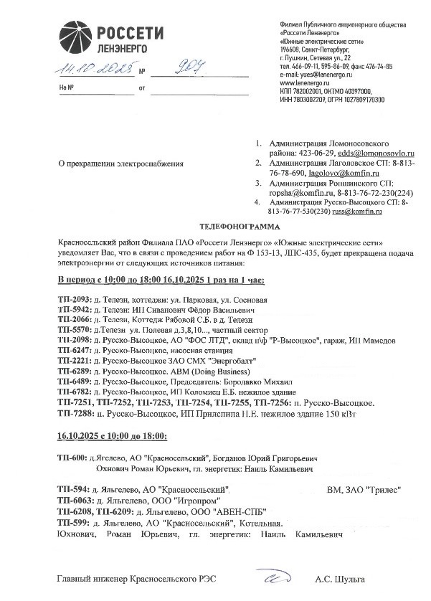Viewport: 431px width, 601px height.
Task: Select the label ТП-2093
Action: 74,298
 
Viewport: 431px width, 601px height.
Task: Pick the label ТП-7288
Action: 74,415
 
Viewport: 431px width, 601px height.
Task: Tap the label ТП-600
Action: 71,458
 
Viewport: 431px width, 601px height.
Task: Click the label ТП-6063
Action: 74,500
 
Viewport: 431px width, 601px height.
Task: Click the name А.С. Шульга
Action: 340,578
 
